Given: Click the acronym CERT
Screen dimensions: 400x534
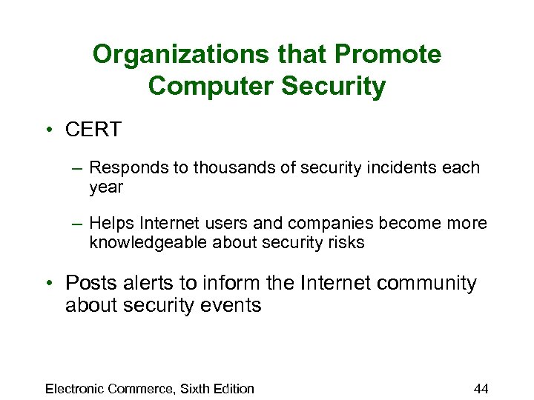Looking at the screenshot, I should [93, 130].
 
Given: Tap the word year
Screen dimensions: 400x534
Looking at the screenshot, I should [106, 187].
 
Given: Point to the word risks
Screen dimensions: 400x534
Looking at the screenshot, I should [344, 242].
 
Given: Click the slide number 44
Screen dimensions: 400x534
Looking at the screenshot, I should [481, 389].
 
